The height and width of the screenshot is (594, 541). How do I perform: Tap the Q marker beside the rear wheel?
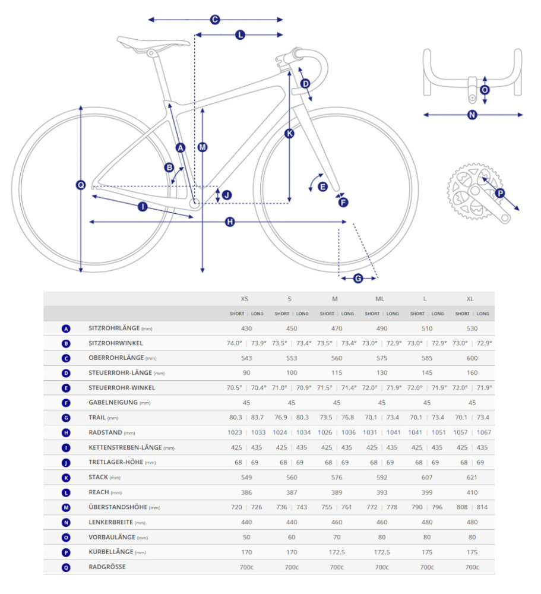point(81,185)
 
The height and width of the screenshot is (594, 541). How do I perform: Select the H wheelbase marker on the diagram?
point(230,222)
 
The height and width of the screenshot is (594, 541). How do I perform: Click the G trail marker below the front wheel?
point(358,278)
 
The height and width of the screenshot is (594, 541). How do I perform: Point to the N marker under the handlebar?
point(472,115)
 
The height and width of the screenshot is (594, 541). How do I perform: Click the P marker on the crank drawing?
point(499,193)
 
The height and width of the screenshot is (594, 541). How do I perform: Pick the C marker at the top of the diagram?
point(215,20)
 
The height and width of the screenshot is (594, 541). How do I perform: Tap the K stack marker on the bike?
point(289,134)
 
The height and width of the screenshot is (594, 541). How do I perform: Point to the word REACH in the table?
point(99,492)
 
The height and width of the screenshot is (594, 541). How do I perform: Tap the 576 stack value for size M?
point(337,477)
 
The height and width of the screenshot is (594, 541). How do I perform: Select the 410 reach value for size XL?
point(472,492)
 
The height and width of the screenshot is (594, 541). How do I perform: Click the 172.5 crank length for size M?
point(337,552)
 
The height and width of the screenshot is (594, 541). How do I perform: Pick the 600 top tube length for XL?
point(472,358)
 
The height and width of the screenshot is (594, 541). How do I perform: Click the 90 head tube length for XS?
point(246,373)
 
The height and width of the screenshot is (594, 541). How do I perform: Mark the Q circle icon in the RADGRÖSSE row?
point(66,567)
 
